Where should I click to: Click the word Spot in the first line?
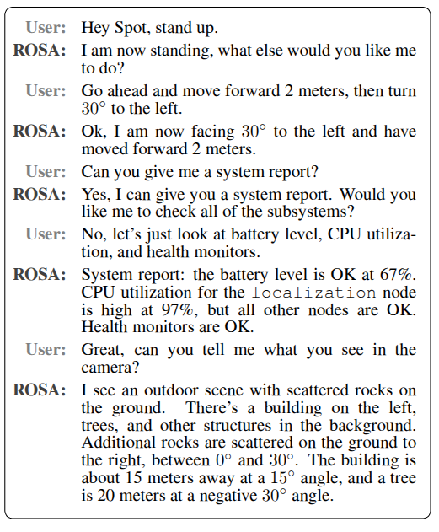click(x=127, y=27)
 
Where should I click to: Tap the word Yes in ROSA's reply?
click(x=95, y=194)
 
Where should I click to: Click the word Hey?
click(x=95, y=27)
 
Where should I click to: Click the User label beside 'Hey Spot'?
click(x=49, y=27)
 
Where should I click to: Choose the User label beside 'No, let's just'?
click(x=49, y=234)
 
